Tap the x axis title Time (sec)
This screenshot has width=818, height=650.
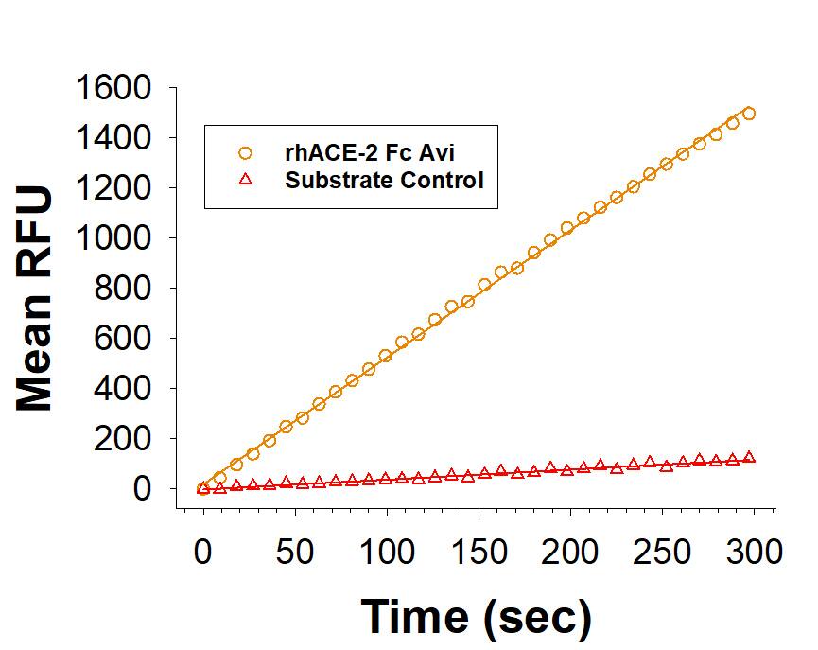tap(477, 616)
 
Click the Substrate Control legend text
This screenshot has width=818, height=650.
tap(384, 179)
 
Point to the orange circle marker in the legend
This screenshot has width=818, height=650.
tap(246, 151)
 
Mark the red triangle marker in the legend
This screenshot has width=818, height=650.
tap(246, 179)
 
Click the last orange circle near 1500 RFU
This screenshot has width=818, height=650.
tap(749, 114)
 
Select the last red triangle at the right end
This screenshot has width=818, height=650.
tap(749, 457)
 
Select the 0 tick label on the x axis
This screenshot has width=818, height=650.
tap(202, 551)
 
